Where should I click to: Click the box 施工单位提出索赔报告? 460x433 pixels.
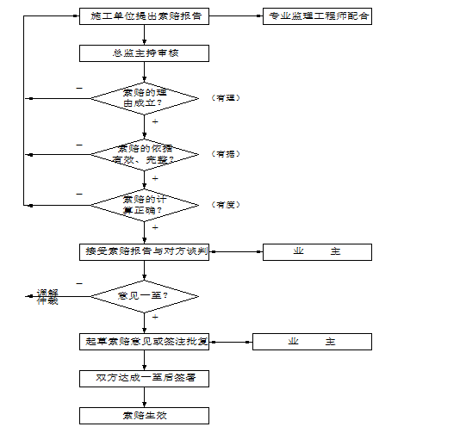point(144,16)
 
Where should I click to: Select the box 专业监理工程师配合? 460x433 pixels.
point(317,16)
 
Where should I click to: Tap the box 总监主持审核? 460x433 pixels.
point(144,53)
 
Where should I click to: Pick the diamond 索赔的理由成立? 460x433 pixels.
point(144,98)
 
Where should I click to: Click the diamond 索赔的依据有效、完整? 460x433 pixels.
point(144,154)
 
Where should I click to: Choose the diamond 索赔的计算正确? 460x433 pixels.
point(144,205)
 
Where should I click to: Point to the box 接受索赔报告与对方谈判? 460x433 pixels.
point(144,251)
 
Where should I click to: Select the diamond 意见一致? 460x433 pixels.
point(144,297)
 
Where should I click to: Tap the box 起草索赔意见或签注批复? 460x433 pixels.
point(144,342)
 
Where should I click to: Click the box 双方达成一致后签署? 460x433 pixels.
point(144,379)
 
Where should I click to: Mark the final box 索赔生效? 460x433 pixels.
point(144,416)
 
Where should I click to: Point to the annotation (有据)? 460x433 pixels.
point(225,154)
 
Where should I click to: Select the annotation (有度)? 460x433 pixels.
point(225,205)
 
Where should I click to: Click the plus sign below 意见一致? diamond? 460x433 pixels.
point(155,318)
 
